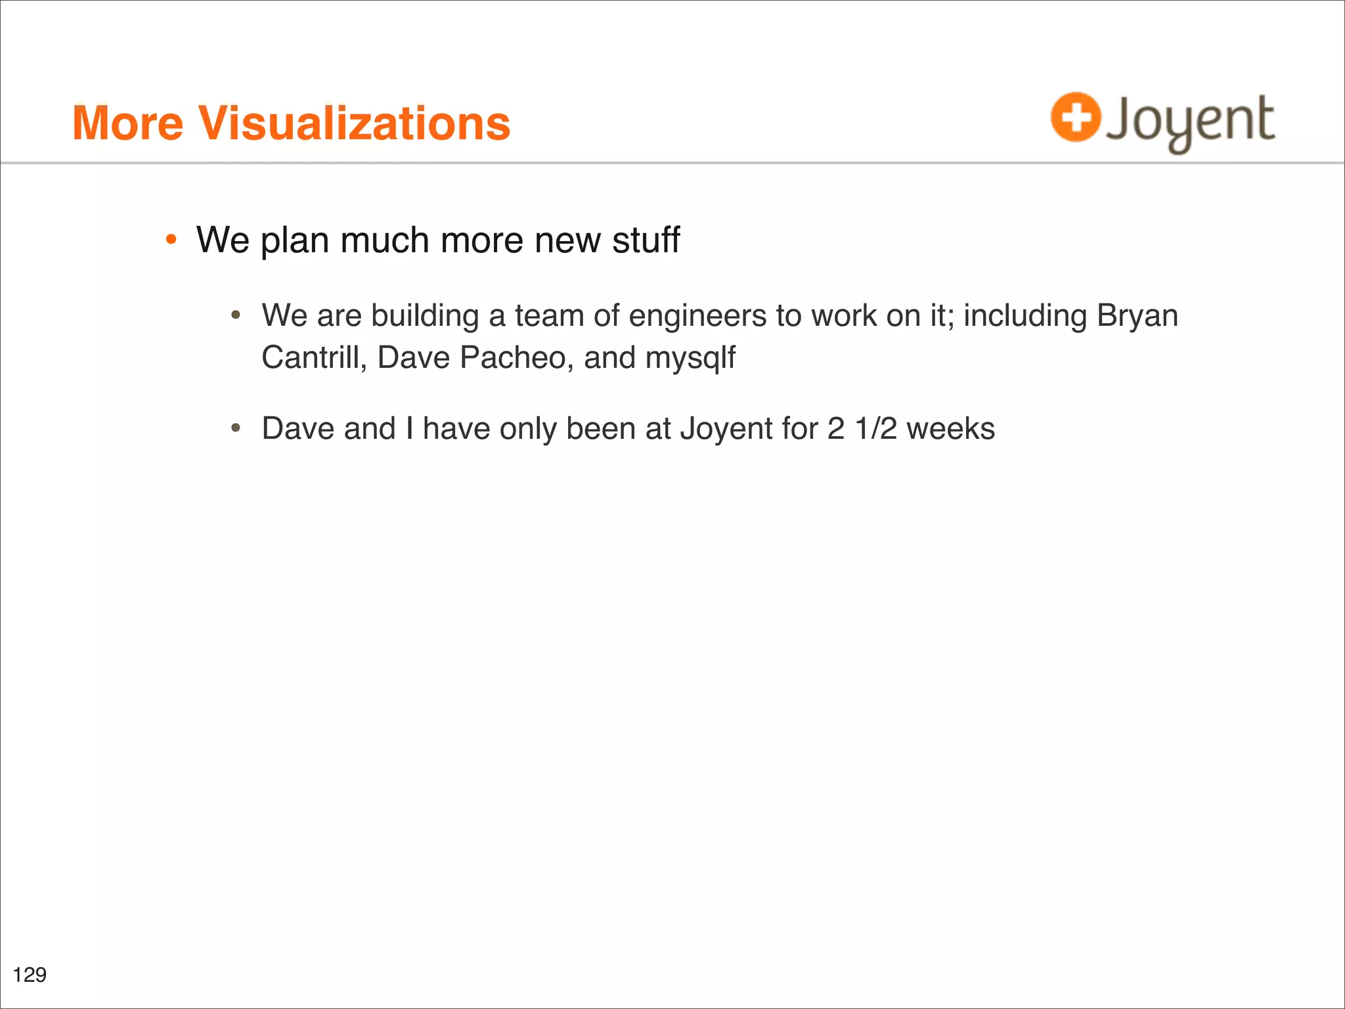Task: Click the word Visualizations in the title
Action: pos(355,123)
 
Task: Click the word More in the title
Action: pos(127,123)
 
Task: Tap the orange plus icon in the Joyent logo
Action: pos(1075,117)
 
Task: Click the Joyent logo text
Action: pos(1190,121)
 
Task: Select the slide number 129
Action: pos(30,974)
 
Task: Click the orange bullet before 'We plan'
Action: pos(171,240)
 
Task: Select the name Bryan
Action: pos(1137,315)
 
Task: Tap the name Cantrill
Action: pos(313,358)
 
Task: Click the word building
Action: pos(425,315)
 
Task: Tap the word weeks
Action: pos(950,428)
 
